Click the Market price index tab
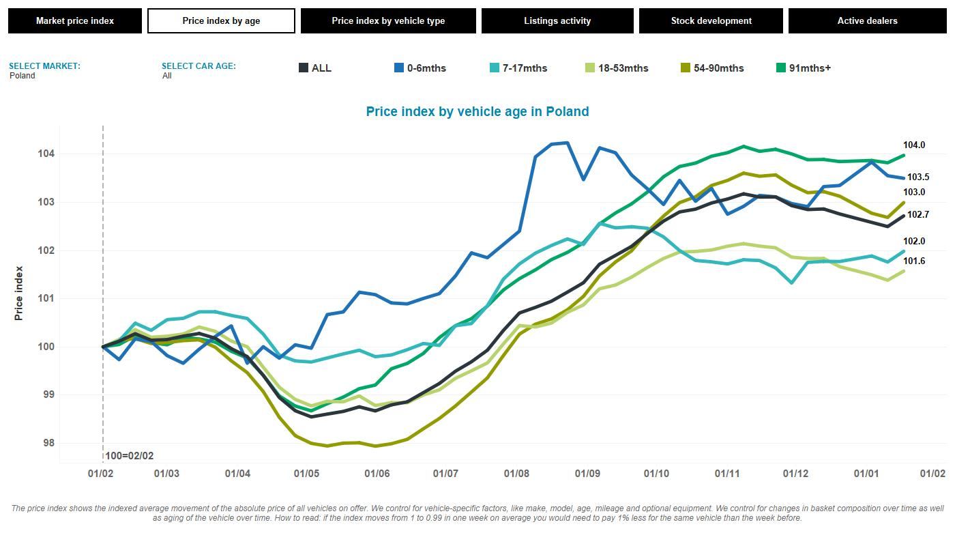(75, 20)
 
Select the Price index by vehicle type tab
(388, 20)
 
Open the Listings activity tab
(557, 20)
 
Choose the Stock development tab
(711, 20)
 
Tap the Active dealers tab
(867, 20)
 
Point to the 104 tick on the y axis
(46, 154)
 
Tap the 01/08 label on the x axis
(516, 474)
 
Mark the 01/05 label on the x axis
(306, 474)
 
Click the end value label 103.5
(917, 177)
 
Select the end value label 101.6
(914, 261)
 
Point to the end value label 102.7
(917, 215)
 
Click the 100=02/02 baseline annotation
(130, 456)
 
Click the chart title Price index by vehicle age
(477, 111)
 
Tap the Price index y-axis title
(19, 293)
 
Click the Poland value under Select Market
(23, 76)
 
